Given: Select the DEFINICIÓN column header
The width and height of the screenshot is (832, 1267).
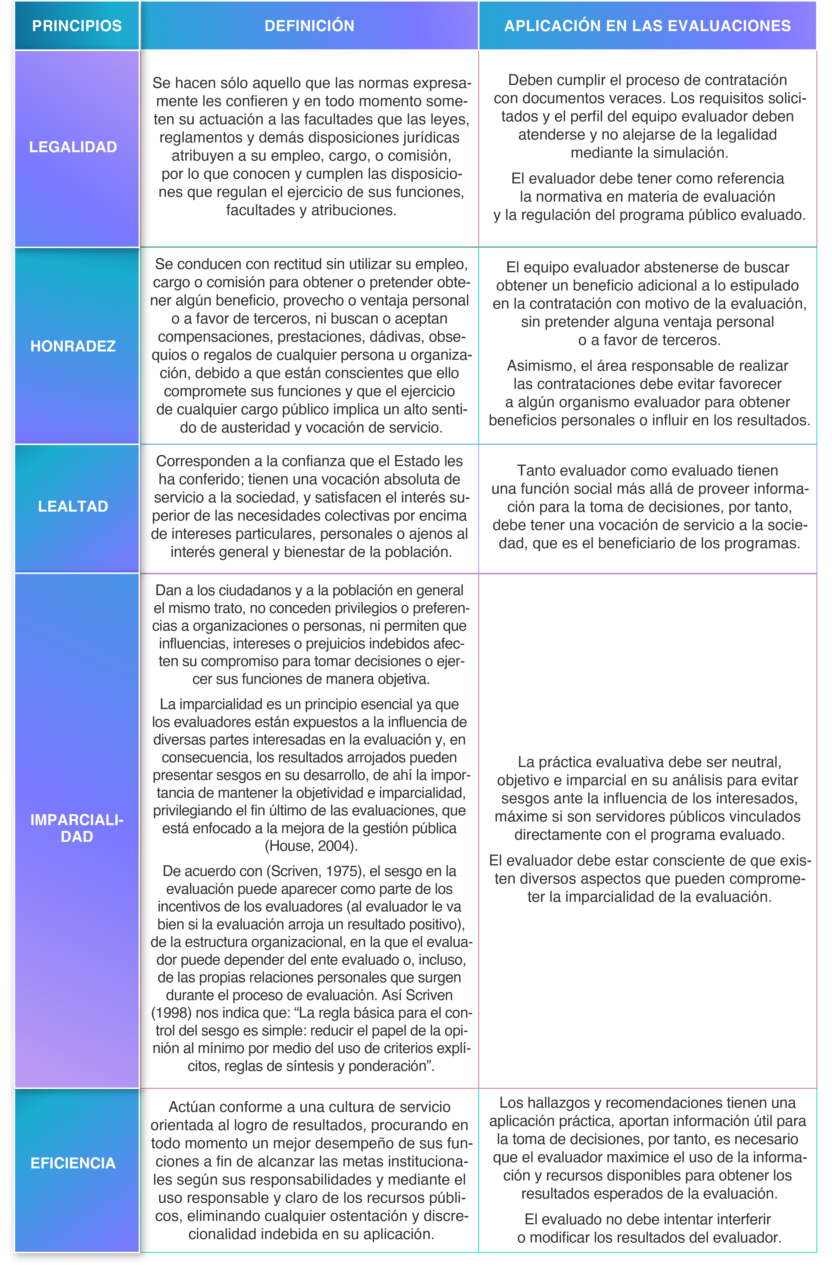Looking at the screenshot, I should (309, 26).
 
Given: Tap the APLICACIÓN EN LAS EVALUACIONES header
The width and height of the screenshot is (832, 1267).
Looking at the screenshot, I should (647, 26).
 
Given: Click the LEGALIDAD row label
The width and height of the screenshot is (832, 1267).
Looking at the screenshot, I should (73, 147).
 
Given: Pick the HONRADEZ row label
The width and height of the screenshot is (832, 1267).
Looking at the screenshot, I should (73, 346).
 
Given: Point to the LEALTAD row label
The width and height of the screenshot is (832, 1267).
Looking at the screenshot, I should (73, 506).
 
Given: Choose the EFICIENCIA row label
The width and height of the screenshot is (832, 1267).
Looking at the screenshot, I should (73, 1163).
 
